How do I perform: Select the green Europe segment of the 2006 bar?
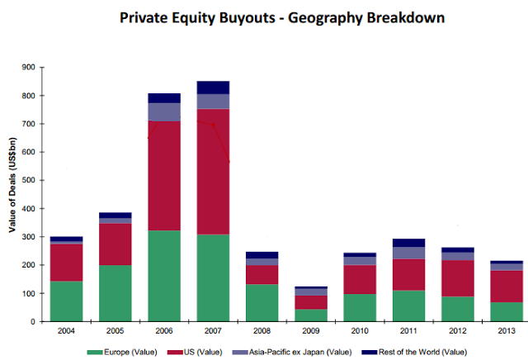pyautogui.click(x=163, y=277)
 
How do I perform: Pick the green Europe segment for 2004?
pyautogui.click(x=66, y=301)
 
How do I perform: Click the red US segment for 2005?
pyautogui.click(x=115, y=244)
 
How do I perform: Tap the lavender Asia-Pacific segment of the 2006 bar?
pyautogui.click(x=163, y=111)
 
